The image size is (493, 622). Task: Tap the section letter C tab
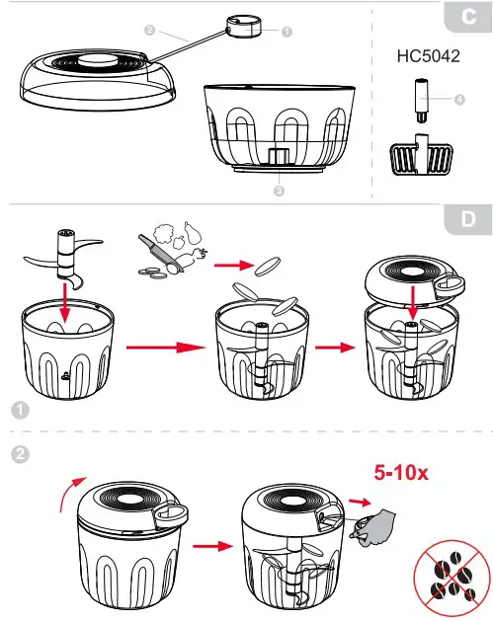pyautogui.click(x=466, y=18)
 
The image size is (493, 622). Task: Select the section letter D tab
pyautogui.click(x=466, y=219)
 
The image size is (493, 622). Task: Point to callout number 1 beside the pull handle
pyautogui.click(x=287, y=31)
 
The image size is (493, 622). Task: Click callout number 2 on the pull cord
pyautogui.click(x=148, y=30)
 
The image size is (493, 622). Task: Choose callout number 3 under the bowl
pyautogui.click(x=280, y=191)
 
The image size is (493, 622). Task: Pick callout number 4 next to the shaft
pyautogui.click(x=459, y=99)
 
